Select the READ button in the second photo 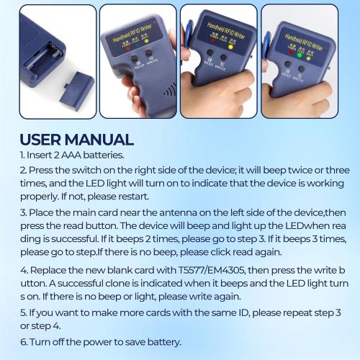131,55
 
